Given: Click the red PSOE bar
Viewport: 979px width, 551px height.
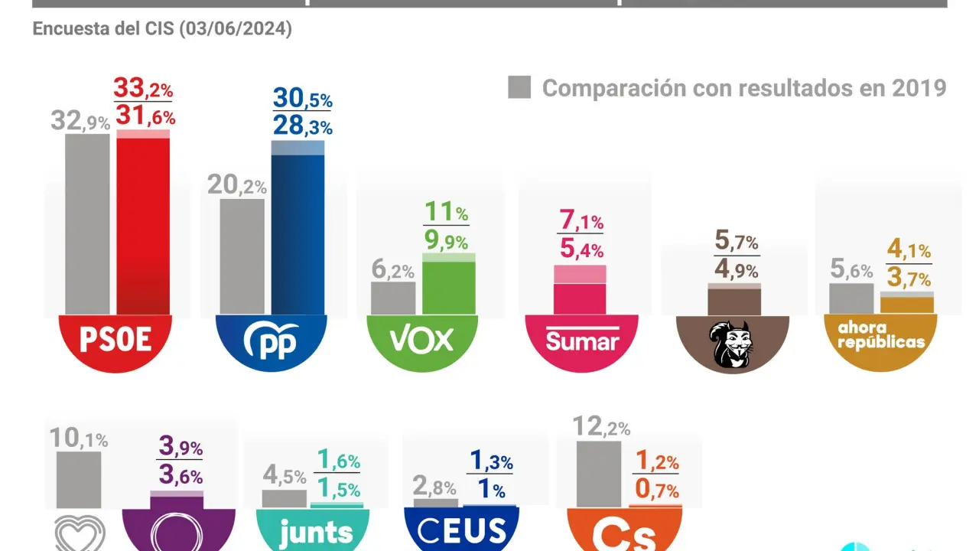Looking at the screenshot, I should pos(143,226).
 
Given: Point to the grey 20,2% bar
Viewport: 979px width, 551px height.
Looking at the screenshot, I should pos(242,256).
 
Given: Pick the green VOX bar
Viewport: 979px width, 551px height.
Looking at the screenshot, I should pos(449,285).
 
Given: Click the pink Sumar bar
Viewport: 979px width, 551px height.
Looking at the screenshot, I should pos(580,291).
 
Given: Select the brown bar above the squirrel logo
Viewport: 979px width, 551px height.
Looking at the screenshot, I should pos(733,300).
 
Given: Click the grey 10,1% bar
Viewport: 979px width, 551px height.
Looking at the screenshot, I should pos(78,479).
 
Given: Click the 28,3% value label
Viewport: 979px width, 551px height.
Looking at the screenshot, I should pos(302,126).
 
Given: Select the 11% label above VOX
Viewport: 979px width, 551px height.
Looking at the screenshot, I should pos(446,212).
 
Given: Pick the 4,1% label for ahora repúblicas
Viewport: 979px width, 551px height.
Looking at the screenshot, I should pos(909,249).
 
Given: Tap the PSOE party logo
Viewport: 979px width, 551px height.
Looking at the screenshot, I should pos(115,341).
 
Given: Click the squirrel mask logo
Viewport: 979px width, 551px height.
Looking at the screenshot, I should pos(732,343).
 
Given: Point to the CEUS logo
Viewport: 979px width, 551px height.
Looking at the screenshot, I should pos(460,530).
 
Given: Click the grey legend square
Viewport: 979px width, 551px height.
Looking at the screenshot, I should pos(519,87).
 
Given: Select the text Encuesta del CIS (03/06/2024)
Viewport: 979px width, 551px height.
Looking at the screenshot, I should pos(162,29).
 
